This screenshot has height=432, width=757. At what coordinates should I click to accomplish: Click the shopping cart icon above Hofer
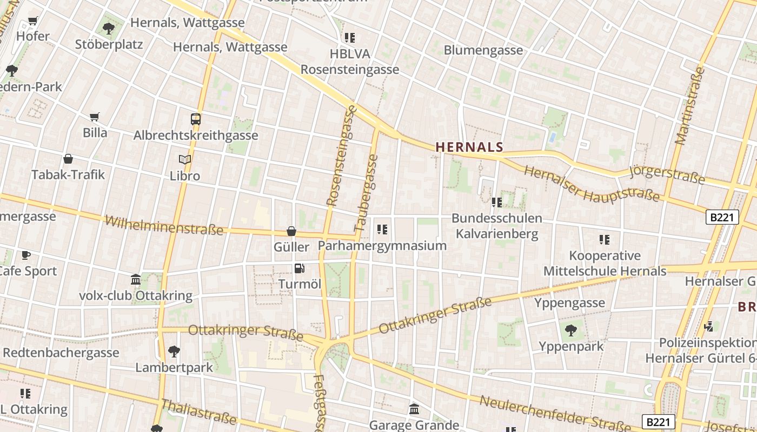coord(33,21)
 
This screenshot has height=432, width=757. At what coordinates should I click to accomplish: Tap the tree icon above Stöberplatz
coord(109,28)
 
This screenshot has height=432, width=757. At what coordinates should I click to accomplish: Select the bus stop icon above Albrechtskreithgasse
coord(196,119)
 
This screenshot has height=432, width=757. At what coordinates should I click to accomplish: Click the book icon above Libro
coord(185,160)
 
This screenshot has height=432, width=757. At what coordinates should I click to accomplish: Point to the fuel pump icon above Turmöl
coord(299,268)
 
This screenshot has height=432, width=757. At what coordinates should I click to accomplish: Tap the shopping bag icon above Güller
coord(291,231)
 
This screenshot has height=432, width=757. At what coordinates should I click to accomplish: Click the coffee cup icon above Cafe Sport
coord(26,255)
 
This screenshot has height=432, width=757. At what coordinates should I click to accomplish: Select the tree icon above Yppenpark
coord(570,330)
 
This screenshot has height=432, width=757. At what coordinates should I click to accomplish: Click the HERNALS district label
coord(469,147)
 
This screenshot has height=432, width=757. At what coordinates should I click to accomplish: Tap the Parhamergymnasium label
coord(382,246)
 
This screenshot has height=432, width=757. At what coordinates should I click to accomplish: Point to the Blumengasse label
coord(483,50)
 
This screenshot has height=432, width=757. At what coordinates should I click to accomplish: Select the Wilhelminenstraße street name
coord(164,225)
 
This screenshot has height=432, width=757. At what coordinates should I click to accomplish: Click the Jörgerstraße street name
coord(667,174)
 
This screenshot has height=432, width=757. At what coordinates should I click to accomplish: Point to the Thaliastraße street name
coord(199,411)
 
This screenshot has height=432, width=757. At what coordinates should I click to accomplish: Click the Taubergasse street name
coord(366,194)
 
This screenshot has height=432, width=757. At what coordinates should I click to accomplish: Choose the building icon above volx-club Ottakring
coord(136,280)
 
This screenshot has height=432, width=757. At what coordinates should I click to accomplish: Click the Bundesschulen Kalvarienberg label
coord(497,226)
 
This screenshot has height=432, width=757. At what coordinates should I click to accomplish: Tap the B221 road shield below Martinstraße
coord(722,217)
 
